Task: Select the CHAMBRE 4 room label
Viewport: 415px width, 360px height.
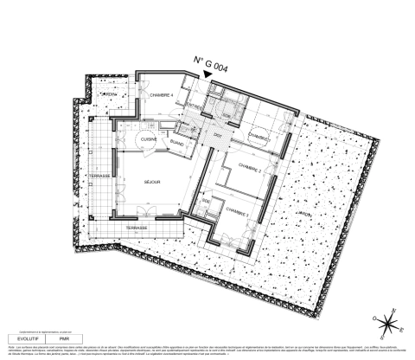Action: (162, 94)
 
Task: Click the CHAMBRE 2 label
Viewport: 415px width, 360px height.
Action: (248, 171)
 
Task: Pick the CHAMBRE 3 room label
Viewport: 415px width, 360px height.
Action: (237, 210)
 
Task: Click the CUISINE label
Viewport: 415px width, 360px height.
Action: (148, 138)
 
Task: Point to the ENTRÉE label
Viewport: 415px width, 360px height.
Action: (195, 106)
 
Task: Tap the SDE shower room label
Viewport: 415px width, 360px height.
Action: (206, 201)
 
